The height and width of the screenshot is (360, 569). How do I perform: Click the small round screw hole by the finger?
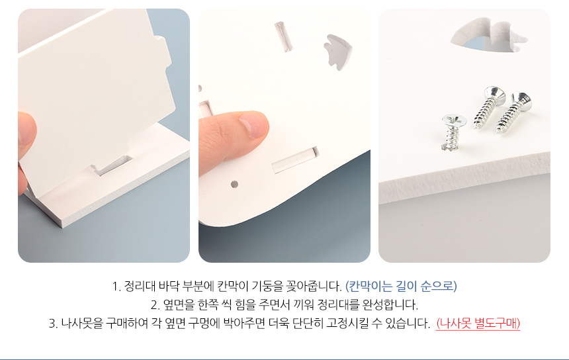234,185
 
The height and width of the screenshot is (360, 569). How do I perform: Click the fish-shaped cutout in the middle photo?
337,52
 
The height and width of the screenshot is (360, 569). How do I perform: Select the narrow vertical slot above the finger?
283,36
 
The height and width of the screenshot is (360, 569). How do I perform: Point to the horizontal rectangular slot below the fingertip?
296,159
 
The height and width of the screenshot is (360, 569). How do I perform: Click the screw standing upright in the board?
453,132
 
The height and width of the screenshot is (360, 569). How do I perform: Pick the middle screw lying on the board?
489,107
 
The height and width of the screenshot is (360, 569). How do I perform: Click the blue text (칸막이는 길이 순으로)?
401,286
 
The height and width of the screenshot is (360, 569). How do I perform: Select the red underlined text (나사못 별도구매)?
478,323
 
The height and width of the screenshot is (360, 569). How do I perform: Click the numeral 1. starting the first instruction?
116,287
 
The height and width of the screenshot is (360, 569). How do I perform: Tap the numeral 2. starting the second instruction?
155,305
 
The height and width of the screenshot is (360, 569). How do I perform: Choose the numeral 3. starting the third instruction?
53,323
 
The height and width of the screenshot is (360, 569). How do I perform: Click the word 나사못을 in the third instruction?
81,323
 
